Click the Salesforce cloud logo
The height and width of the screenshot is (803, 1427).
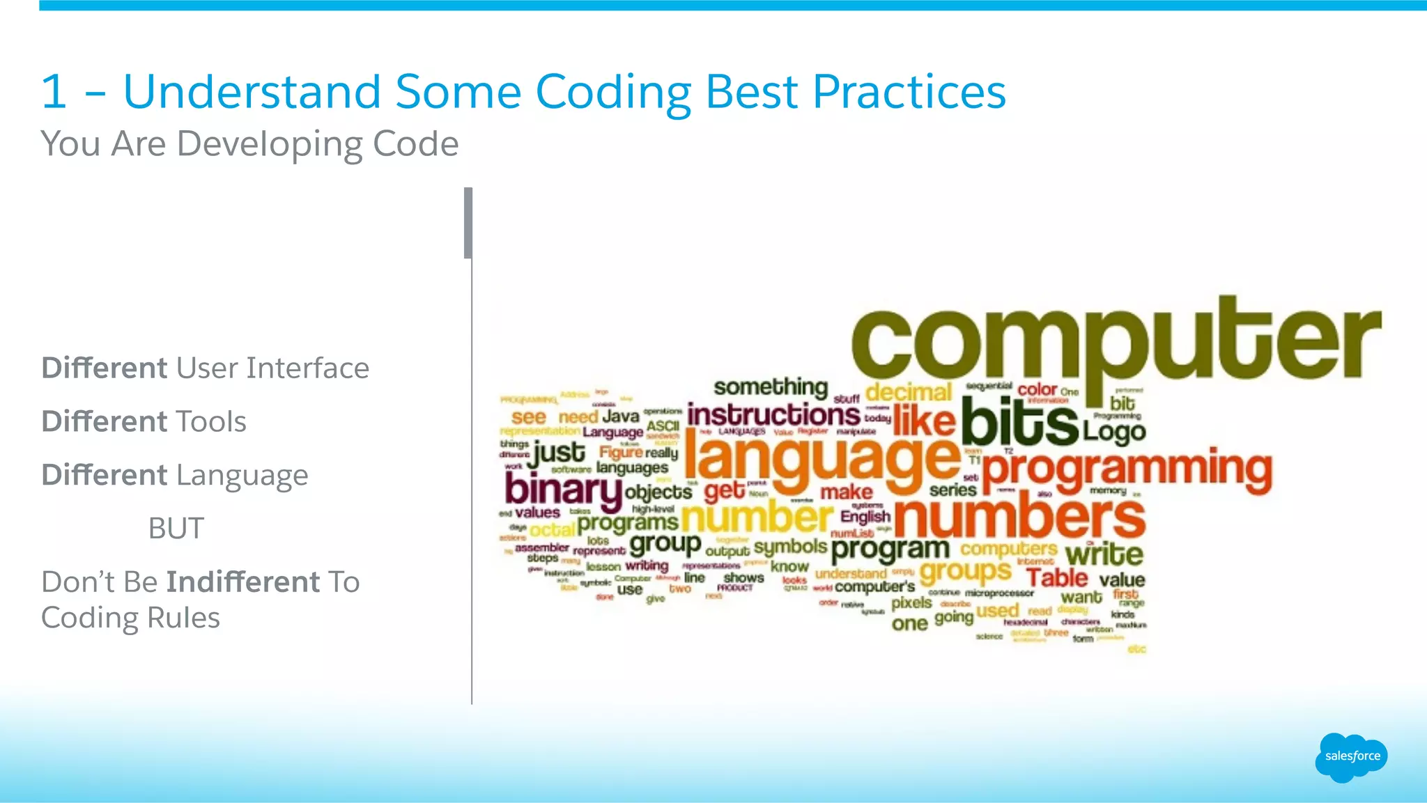[x=1351, y=757]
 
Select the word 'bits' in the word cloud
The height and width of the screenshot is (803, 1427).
[x=1019, y=421]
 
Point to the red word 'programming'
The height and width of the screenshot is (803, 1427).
[x=1127, y=469]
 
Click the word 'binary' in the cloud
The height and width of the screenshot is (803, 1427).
[x=562, y=490]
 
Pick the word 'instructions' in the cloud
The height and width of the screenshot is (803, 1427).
[x=773, y=416]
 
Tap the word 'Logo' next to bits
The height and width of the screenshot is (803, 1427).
[x=1113, y=432]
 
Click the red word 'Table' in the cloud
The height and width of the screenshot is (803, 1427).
[x=1056, y=578]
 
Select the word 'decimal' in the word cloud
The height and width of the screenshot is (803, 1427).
[x=908, y=392]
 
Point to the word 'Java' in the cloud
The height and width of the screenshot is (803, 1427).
[x=620, y=416]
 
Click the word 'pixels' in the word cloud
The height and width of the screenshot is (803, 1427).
[x=911, y=602]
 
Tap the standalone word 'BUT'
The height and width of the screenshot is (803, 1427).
[x=176, y=529]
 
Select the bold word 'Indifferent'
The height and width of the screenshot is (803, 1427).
[x=243, y=582]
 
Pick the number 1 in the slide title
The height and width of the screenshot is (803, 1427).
[x=54, y=92]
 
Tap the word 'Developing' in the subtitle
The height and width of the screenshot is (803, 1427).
[x=269, y=144]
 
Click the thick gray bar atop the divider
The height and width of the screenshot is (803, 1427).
[x=468, y=223]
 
